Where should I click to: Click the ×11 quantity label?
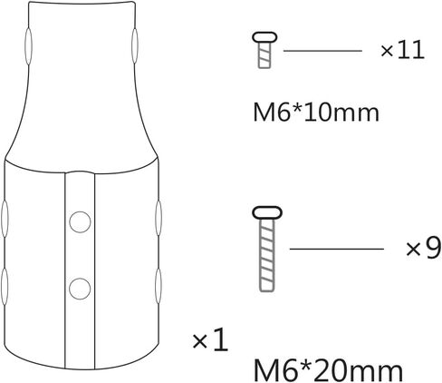pyautogui.click(x=402, y=50)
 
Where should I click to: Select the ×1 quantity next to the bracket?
pyautogui.click(x=210, y=340)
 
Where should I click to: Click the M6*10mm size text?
pyautogui.click(x=316, y=113)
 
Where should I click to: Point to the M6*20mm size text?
pyautogui.click(x=328, y=370)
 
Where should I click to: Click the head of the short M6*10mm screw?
pyautogui.click(x=264, y=37)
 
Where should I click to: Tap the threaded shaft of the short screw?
pyautogui.click(x=264, y=55)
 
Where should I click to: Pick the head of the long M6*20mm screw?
pyautogui.click(x=267, y=212)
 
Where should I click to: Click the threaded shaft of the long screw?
pyautogui.click(x=267, y=255)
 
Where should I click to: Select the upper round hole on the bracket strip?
pyautogui.click(x=80, y=221)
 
